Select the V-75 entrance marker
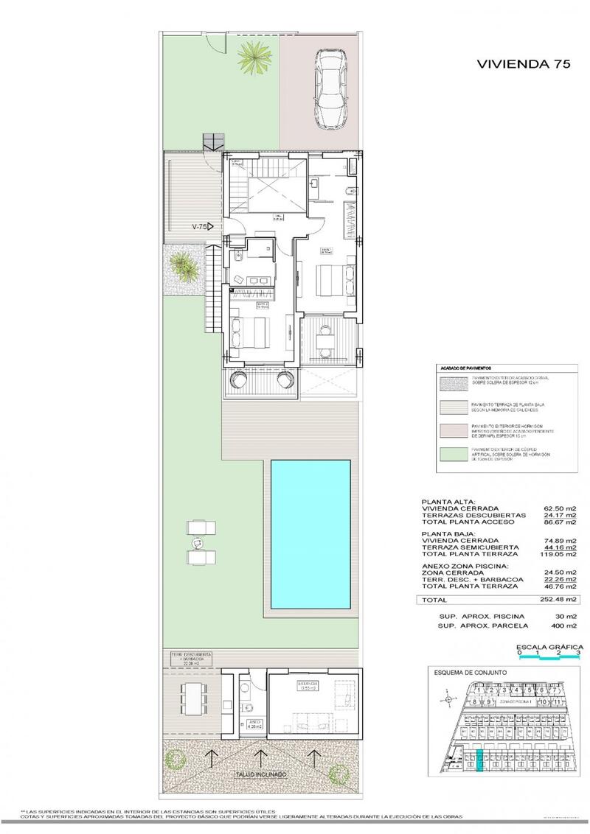201,226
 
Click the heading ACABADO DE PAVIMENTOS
466,366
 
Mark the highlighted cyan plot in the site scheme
480,760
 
